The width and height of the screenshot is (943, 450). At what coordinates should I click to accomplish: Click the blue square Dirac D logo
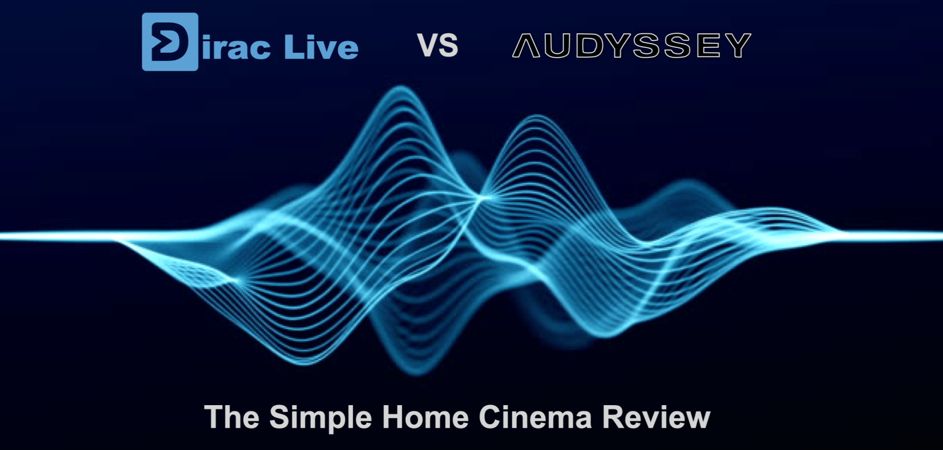(170, 42)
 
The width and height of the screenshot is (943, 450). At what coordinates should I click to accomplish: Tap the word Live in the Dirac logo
(321, 46)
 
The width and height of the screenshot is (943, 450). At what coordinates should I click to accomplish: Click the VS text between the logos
(437, 45)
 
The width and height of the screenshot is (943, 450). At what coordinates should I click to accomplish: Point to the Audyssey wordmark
(632, 45)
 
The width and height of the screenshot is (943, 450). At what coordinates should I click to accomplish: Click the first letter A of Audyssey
(526, 45)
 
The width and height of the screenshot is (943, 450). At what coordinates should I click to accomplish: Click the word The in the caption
(231, 417)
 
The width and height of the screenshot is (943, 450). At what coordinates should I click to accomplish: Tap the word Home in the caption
(425, 417)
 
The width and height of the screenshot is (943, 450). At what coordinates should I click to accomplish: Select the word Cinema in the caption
(535, 417)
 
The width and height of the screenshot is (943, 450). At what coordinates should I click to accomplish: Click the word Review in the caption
(656, 417)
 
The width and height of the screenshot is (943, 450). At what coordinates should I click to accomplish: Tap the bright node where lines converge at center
(483, 197)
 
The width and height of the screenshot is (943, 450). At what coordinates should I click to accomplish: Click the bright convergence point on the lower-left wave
(236, 279)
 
